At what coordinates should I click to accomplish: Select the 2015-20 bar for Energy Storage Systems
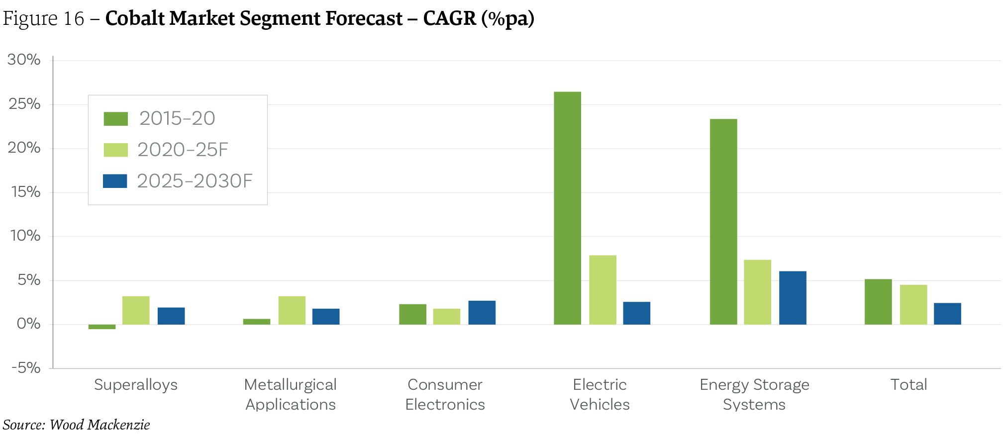click(723, 222)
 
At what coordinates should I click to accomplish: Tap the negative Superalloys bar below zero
click(102, 327)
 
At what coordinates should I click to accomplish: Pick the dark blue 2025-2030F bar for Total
click(947, 314)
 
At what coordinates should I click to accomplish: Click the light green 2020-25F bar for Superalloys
click(136, 311)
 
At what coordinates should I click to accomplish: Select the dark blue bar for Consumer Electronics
click(482, 313)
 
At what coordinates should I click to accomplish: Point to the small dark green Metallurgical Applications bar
click(257, 322)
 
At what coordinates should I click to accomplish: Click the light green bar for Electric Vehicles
click(603, 290)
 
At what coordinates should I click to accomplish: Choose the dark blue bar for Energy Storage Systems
click(793, 298)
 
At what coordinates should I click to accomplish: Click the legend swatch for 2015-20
click(115, 119)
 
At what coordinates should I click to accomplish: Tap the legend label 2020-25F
click(183, 150)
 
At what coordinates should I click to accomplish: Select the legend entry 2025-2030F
click(195, 181)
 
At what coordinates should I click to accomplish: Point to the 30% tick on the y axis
click(24, 60)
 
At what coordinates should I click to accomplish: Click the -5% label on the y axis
click(26, 368)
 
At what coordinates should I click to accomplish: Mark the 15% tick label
click(25, 192)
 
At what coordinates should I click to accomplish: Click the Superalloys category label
click(136, 385)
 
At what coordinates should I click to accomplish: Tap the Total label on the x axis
click(908, 385)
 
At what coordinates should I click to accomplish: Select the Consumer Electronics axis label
click(445, 394)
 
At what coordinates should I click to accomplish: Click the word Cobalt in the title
click(135, 18)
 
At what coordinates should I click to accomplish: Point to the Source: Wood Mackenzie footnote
click(76, 425)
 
